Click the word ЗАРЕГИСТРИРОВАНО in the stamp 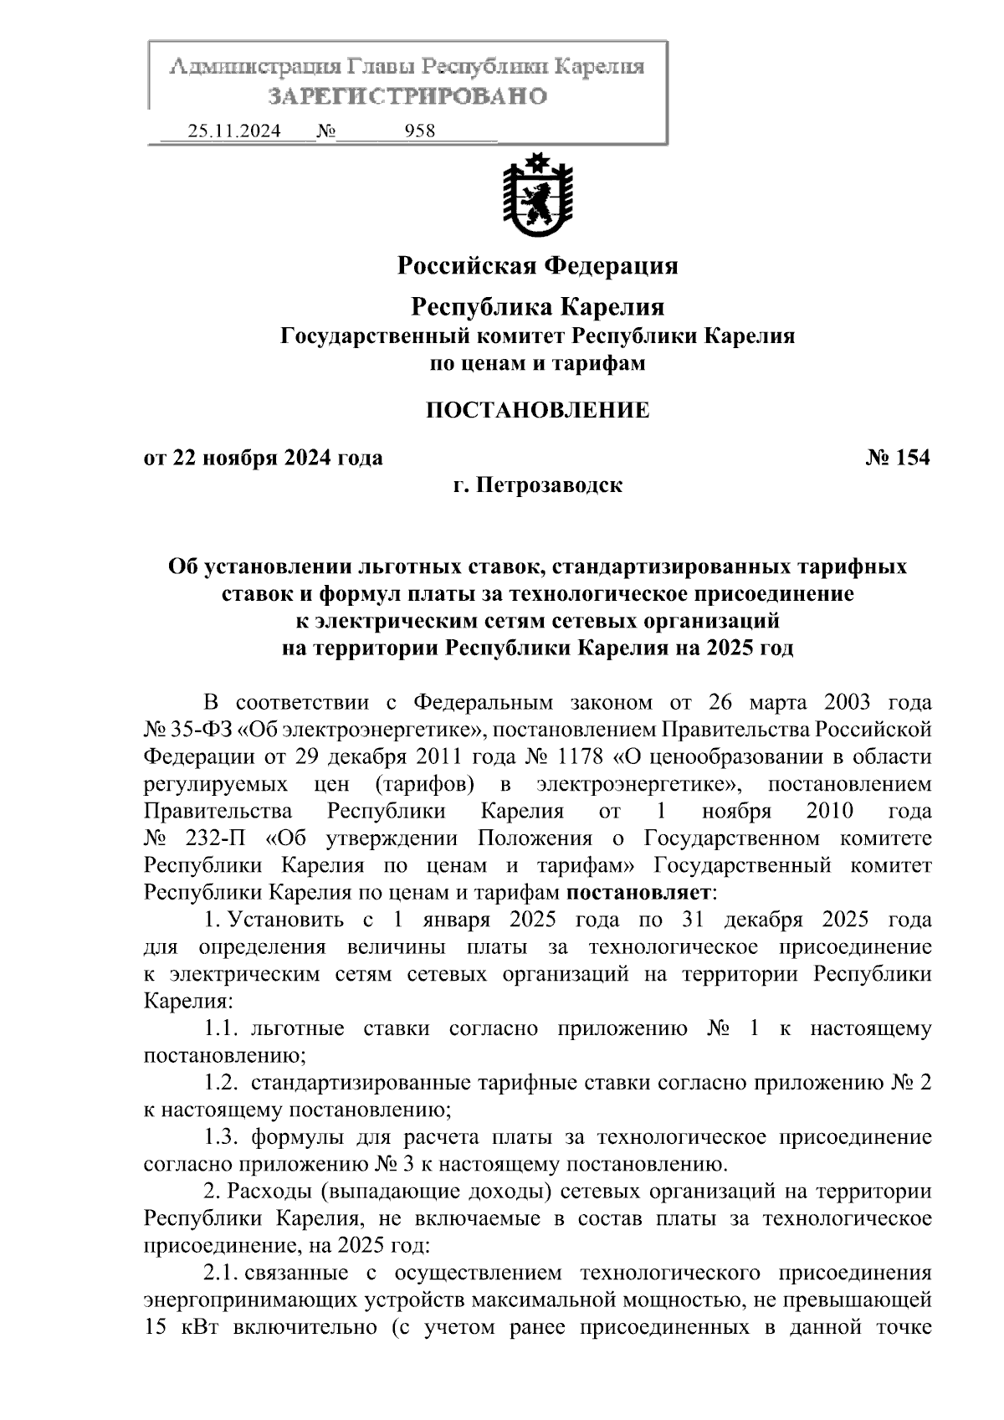[407, 96]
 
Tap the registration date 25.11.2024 [234, 131]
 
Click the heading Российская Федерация [537, 266]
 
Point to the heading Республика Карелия [537, 307]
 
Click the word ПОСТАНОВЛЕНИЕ [537, 410]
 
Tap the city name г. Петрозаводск [537, 484]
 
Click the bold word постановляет [640, 893]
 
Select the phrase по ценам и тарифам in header [537, 363]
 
